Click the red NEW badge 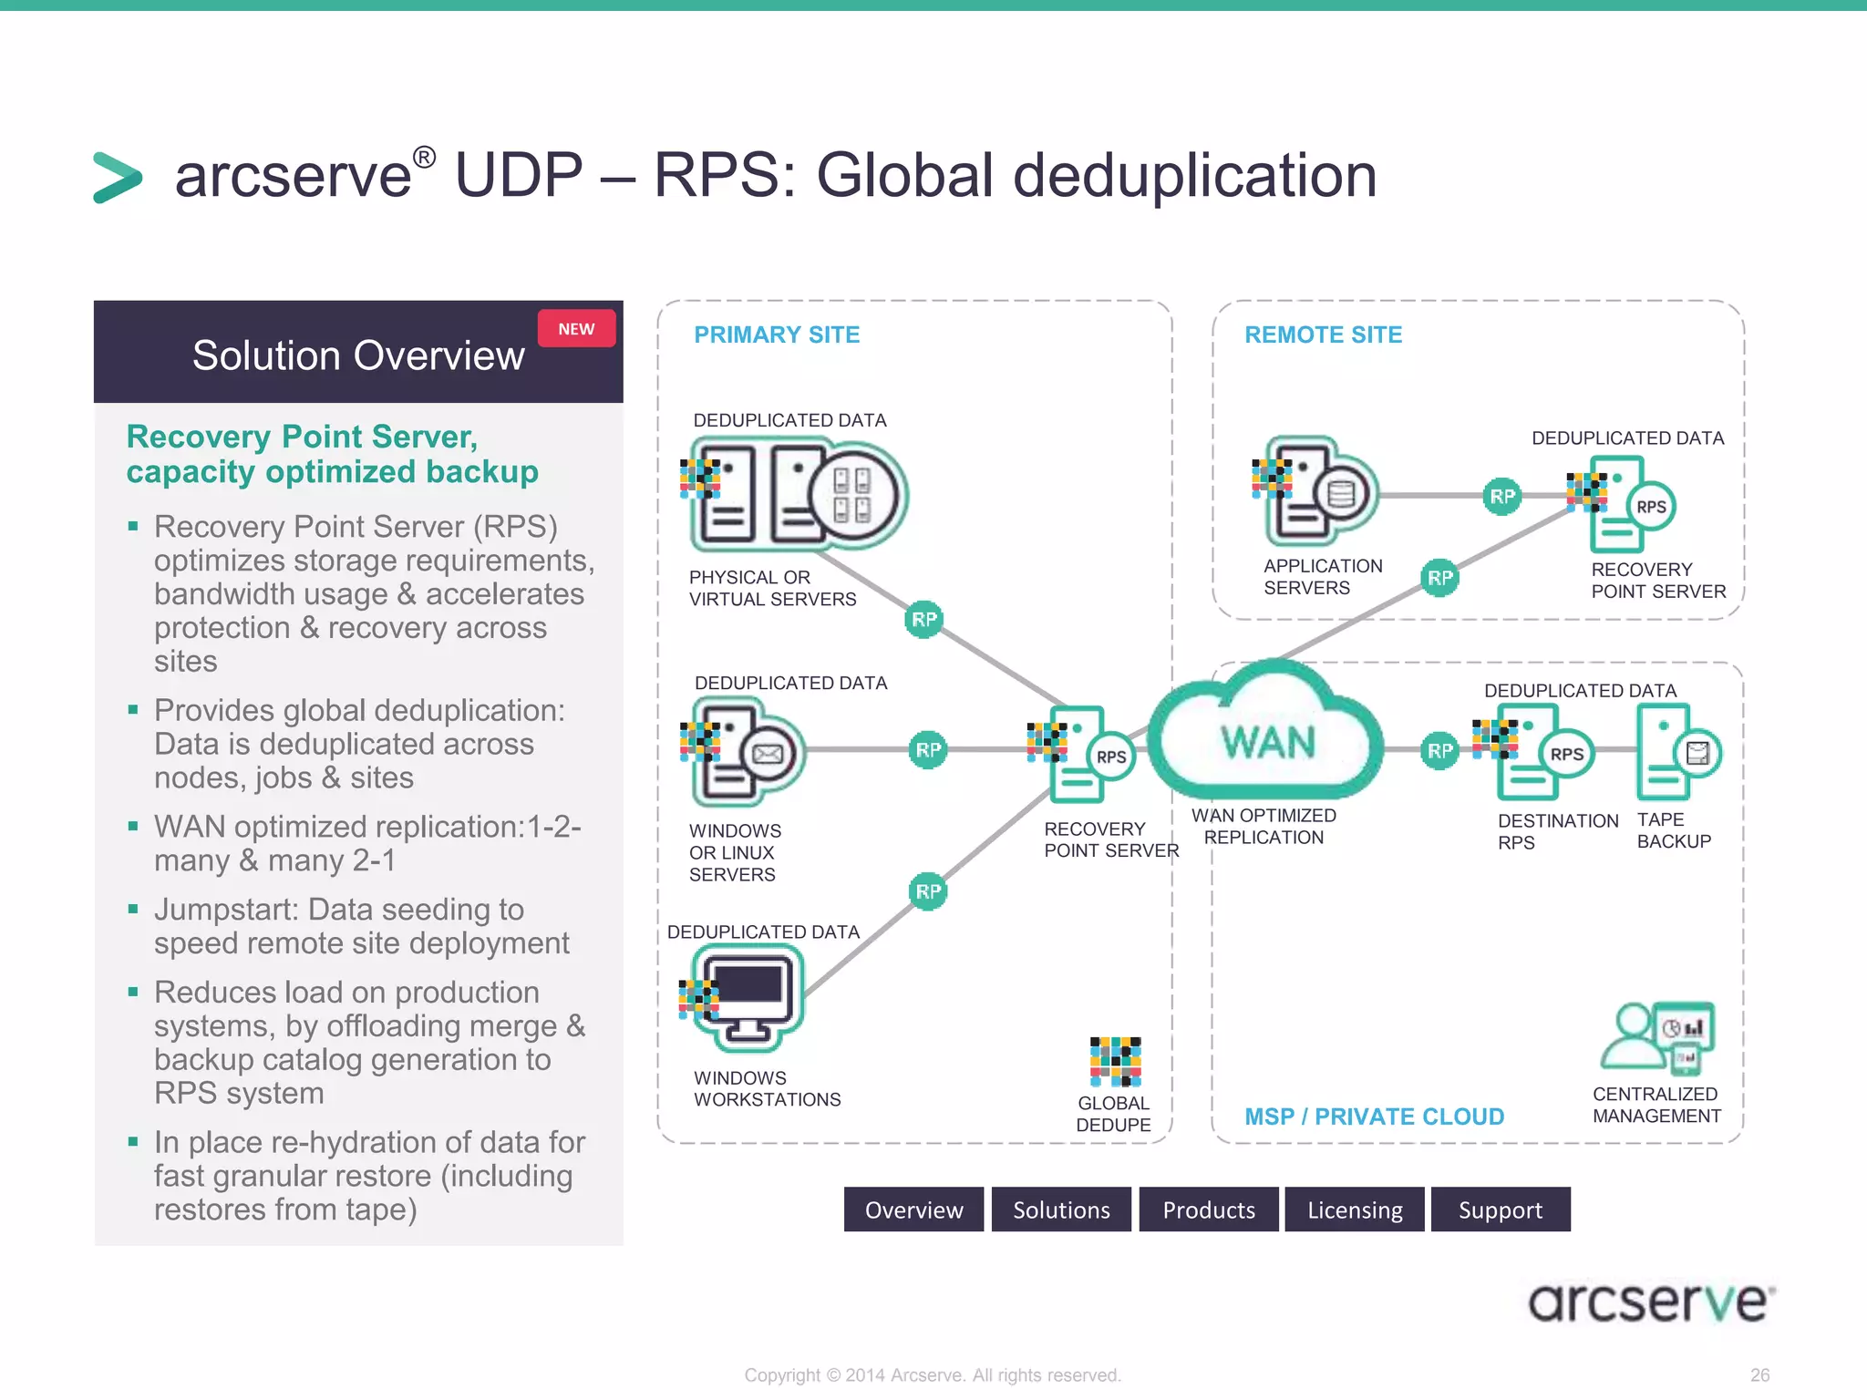point(576,329)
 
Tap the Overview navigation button point(913,1210)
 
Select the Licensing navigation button point(1355,1210)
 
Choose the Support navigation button point(1501,1210)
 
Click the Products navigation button point(1209,1210)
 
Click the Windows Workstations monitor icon point(748,995)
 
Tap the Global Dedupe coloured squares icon point(1115,1062)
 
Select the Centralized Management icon point(1658,1038)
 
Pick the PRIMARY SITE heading point(777,335)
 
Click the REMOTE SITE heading point(1323,335)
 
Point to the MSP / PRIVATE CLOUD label point(1374,1117)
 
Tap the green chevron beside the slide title point(118,177)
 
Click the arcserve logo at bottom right point(1651,1302)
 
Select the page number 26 point(1759,1374)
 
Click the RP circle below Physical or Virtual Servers point(923,620)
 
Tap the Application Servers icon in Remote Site point(1317,492)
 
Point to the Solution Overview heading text point(358,355)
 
